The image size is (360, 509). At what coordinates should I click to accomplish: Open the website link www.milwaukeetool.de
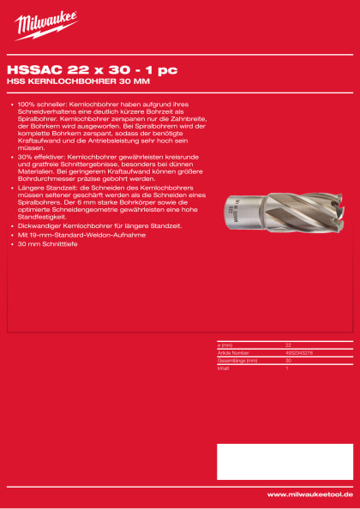coord(306,494)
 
